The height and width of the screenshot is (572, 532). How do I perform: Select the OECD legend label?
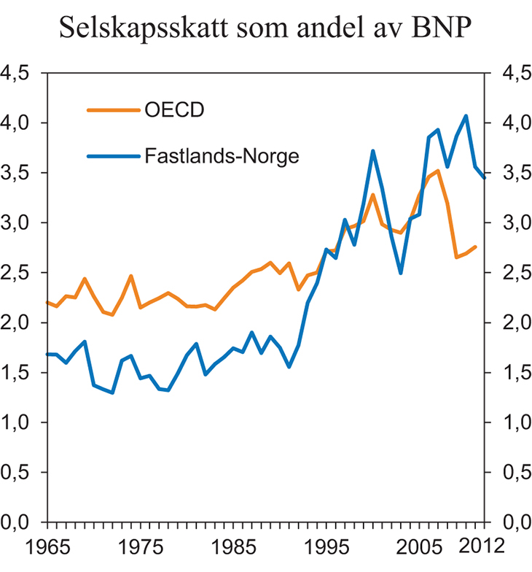(x=173, y=111)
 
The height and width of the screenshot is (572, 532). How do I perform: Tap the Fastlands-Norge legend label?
(x=222, y=156)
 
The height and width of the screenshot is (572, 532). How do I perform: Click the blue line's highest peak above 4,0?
(x=466, y=116)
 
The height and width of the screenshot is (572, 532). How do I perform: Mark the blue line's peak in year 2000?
(x=372, y=151)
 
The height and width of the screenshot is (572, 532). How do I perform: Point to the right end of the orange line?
(x=476, y=247)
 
